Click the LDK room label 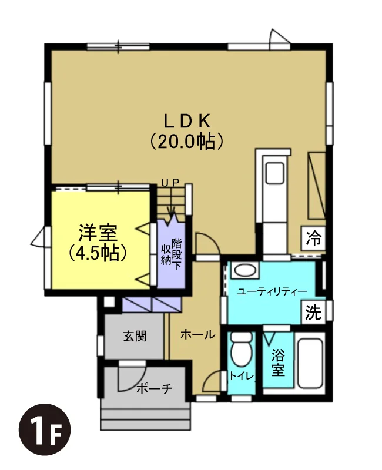pyautogui.click(x=186, y=121)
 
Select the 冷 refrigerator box pyautogui.click(x=313, y=239)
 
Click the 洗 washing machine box pyautogui.click(x=313, y=312)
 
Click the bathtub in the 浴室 pyautogui.click(x=311, y=363)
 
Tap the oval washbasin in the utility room pyautogui.click(x=245, y=270)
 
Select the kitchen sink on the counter pyautogui.click(x=275, y=173)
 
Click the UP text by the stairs pyautogui.click(x=170, y=182)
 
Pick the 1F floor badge pyautogui.click(x=45, y=430)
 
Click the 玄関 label pyautogui.click(x=135, y=336)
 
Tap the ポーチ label pyautogui.click(x=154, y=389)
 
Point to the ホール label pyautogui.click(x=198, y=334)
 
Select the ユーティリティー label pyautogui.click(x=272, y=291)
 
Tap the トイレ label pyautogui.click(x=242, y=375)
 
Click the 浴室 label pyautogui.click(x=278, y=363)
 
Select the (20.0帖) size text pyautogui.click(x=186, y=141)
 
